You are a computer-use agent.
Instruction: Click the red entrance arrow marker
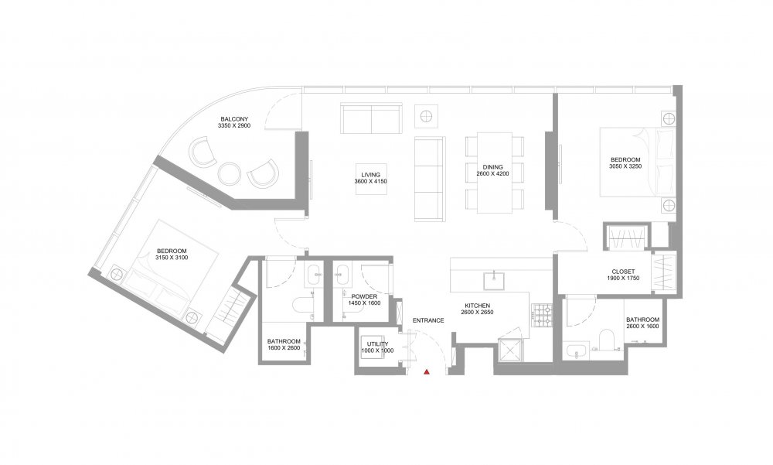[427, 371]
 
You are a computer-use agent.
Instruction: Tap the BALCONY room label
[234, 119]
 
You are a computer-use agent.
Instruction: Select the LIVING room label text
[371, 175]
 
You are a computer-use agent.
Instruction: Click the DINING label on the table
[492, 167]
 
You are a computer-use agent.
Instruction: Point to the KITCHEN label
[477, 306]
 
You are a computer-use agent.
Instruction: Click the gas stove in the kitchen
[542, 316]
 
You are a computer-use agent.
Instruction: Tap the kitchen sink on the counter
[493, 280]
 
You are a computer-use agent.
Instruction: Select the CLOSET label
[623, 272]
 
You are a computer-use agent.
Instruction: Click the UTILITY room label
[378, 344]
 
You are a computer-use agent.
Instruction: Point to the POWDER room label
[364, 296]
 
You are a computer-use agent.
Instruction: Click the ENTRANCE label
[428, 320]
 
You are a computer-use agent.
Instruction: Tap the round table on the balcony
[230, 173]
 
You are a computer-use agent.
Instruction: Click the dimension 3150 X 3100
[172, 258]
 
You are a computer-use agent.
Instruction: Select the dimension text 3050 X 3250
[625, 166]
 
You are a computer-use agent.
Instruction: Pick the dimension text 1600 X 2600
[284, 348]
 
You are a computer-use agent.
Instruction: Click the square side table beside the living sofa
[427, 116]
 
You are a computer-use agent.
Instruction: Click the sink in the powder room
[342, 275]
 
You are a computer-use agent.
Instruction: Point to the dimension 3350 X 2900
[234, 126]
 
